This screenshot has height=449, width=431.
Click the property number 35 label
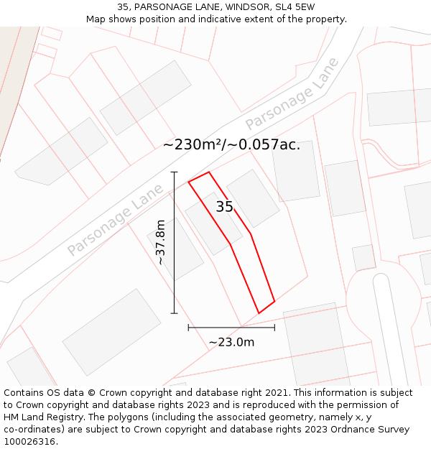point(224,207)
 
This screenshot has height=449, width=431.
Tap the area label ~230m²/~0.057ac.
point(231,144)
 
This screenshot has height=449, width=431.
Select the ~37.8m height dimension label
point(160,243)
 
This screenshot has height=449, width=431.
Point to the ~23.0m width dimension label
point(231,342)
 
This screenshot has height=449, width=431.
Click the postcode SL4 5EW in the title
point(295,6)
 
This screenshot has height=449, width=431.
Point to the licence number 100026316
point(31,442)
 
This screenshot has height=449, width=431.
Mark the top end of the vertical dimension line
point(174,172)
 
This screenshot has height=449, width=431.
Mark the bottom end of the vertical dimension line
point(174,313)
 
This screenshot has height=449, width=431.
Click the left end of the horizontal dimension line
point(188,328)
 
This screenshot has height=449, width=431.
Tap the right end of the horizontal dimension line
point(274,328)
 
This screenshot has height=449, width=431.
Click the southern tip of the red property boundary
point(259,313)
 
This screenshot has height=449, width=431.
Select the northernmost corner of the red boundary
point(209,172)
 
